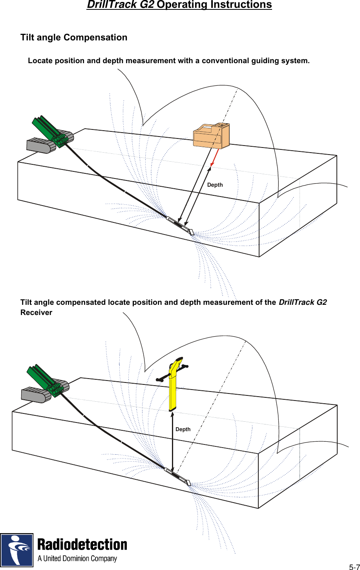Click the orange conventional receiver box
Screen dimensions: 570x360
point(211,136)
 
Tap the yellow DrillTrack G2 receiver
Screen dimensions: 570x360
point(172,388)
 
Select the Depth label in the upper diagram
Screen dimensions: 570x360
point(215,185)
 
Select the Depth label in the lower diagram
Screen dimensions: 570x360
point(183,430)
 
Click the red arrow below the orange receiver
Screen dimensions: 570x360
point(214,158)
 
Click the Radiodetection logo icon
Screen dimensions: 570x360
point(17,550)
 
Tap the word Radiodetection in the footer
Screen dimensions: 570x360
point(82,545)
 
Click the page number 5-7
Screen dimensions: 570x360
point(354,567)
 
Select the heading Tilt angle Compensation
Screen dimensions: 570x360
point(74,38)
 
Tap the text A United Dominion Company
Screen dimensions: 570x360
point(77,559)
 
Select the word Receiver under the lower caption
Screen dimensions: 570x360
point(36,313)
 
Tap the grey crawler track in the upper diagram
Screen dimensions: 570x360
point(41,145)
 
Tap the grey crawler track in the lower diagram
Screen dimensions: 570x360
point(36,395)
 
